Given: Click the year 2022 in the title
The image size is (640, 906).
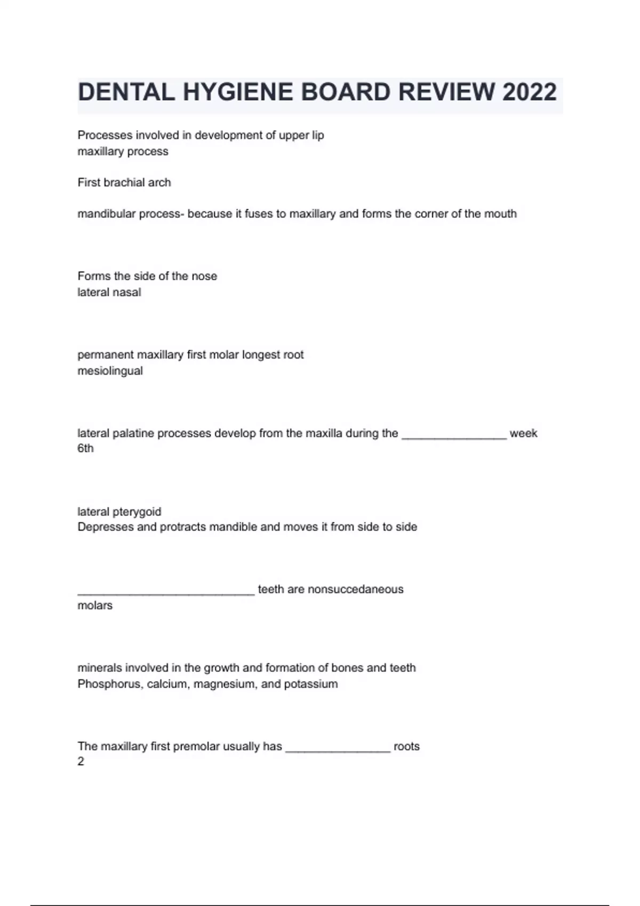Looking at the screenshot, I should point(529,92).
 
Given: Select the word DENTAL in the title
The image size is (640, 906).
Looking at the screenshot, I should point(126,92).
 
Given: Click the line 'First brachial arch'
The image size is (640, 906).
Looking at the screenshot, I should point(124,182).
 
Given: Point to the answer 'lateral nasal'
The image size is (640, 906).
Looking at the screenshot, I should point(109,292).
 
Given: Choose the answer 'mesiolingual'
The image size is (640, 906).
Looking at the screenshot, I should point(110,371).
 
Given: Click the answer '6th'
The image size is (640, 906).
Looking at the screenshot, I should point(85,448).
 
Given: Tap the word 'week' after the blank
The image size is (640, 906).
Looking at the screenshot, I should point(523,433).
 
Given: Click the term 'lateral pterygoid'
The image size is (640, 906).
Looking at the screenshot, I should point(119,512).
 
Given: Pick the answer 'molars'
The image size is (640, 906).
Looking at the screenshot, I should point(95,605).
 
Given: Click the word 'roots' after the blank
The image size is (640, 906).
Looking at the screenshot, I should point(406,746).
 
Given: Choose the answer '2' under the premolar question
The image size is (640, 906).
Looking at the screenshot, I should point(81,762).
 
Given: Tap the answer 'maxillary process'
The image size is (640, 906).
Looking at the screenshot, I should point(123,151).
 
